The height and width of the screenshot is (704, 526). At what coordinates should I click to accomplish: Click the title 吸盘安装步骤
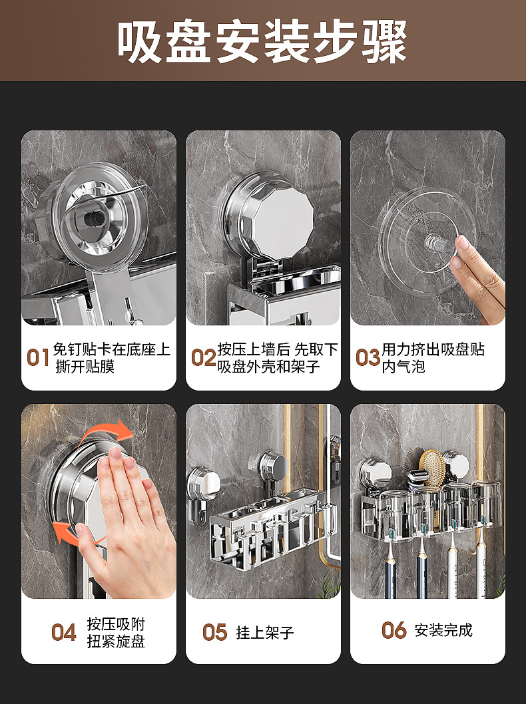coord(263,41)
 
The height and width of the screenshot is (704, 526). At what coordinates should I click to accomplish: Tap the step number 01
coord(38,358)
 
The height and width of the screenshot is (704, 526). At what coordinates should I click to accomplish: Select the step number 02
coord(203,358)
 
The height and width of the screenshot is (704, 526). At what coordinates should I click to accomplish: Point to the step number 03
coord(368,358)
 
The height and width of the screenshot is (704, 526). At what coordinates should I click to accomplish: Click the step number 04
coord(64,632)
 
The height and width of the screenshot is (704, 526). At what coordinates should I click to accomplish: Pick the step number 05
coord(214,632)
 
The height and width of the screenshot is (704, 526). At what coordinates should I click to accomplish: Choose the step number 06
coord(394,630)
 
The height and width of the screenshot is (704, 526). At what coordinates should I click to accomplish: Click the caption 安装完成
coord(443,630)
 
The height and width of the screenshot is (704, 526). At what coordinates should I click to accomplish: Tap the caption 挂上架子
coord(265,633)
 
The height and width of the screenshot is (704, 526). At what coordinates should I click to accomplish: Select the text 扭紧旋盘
coord(116,641)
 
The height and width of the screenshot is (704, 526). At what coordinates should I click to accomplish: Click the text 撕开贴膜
coord(85,367)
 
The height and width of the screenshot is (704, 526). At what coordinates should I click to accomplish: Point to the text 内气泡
coord(403,367)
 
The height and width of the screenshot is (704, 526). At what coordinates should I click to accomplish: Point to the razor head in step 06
coord(416,476)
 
